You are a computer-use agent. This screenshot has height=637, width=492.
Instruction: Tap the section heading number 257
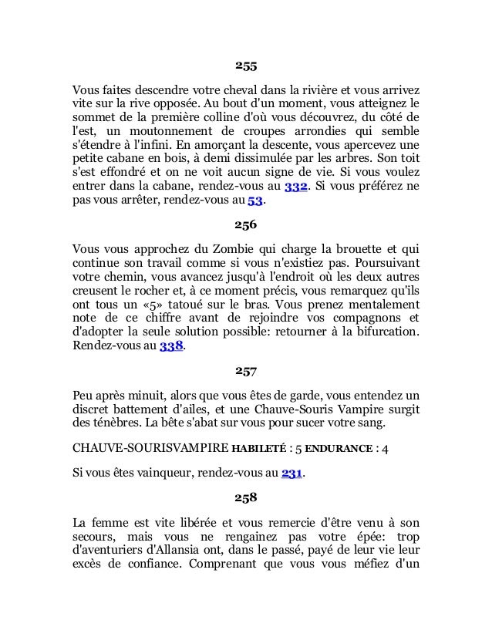click(x=246, y=374)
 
